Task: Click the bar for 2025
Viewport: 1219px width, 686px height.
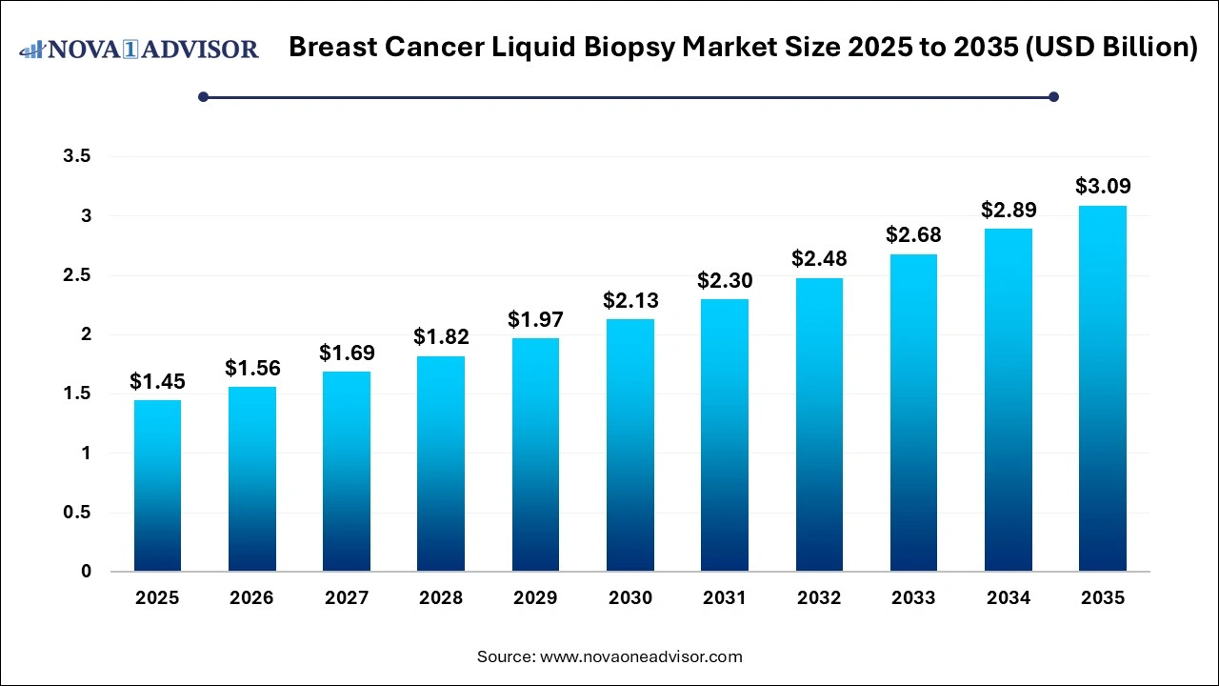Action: coord(157,486)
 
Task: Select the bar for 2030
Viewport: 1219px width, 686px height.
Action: coord(630,445)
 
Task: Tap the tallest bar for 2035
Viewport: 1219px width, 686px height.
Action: coord(1103,389)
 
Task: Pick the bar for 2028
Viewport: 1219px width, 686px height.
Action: coord(441,464)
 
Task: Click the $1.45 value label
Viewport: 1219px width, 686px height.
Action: coord(157,382)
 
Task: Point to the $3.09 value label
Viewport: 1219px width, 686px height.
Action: coord(1103,187)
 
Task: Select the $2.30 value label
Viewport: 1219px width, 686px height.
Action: coord(725,281)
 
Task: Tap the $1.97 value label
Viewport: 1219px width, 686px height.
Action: coord(535,320)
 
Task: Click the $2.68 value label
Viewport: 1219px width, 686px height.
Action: coord(913,235)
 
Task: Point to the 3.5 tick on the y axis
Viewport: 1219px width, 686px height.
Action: coord(77,157)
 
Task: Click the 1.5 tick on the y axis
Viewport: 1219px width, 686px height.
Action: coord(77,394)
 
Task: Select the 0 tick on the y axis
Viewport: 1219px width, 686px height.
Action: coord(86,572)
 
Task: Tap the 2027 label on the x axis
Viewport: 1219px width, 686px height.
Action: coord(347,598)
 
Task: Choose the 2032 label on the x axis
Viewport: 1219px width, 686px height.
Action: coord(819,598)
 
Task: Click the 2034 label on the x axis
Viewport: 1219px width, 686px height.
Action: coord(1009,598)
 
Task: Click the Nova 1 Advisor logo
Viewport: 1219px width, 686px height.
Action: coord(139,49)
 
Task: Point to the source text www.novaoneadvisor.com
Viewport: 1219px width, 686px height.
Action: coord(641,656)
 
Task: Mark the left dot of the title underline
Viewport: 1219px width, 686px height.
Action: coord(203,96)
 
